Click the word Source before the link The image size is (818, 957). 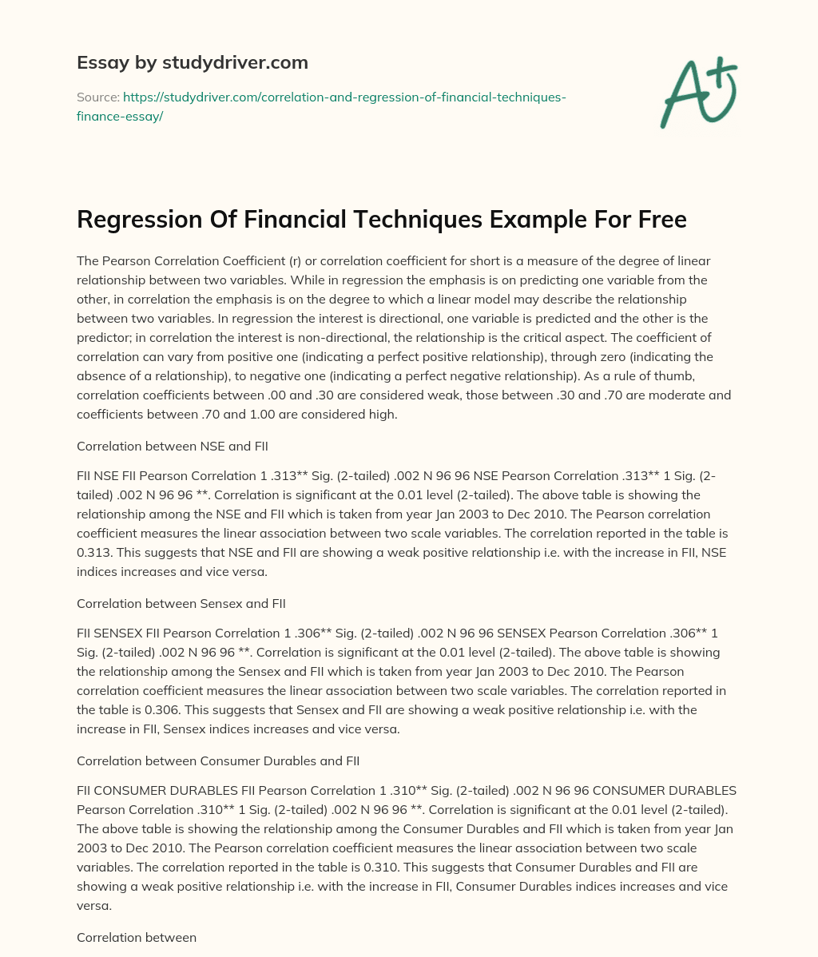coord(97,97)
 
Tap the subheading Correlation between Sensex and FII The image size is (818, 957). coord(181,603)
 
